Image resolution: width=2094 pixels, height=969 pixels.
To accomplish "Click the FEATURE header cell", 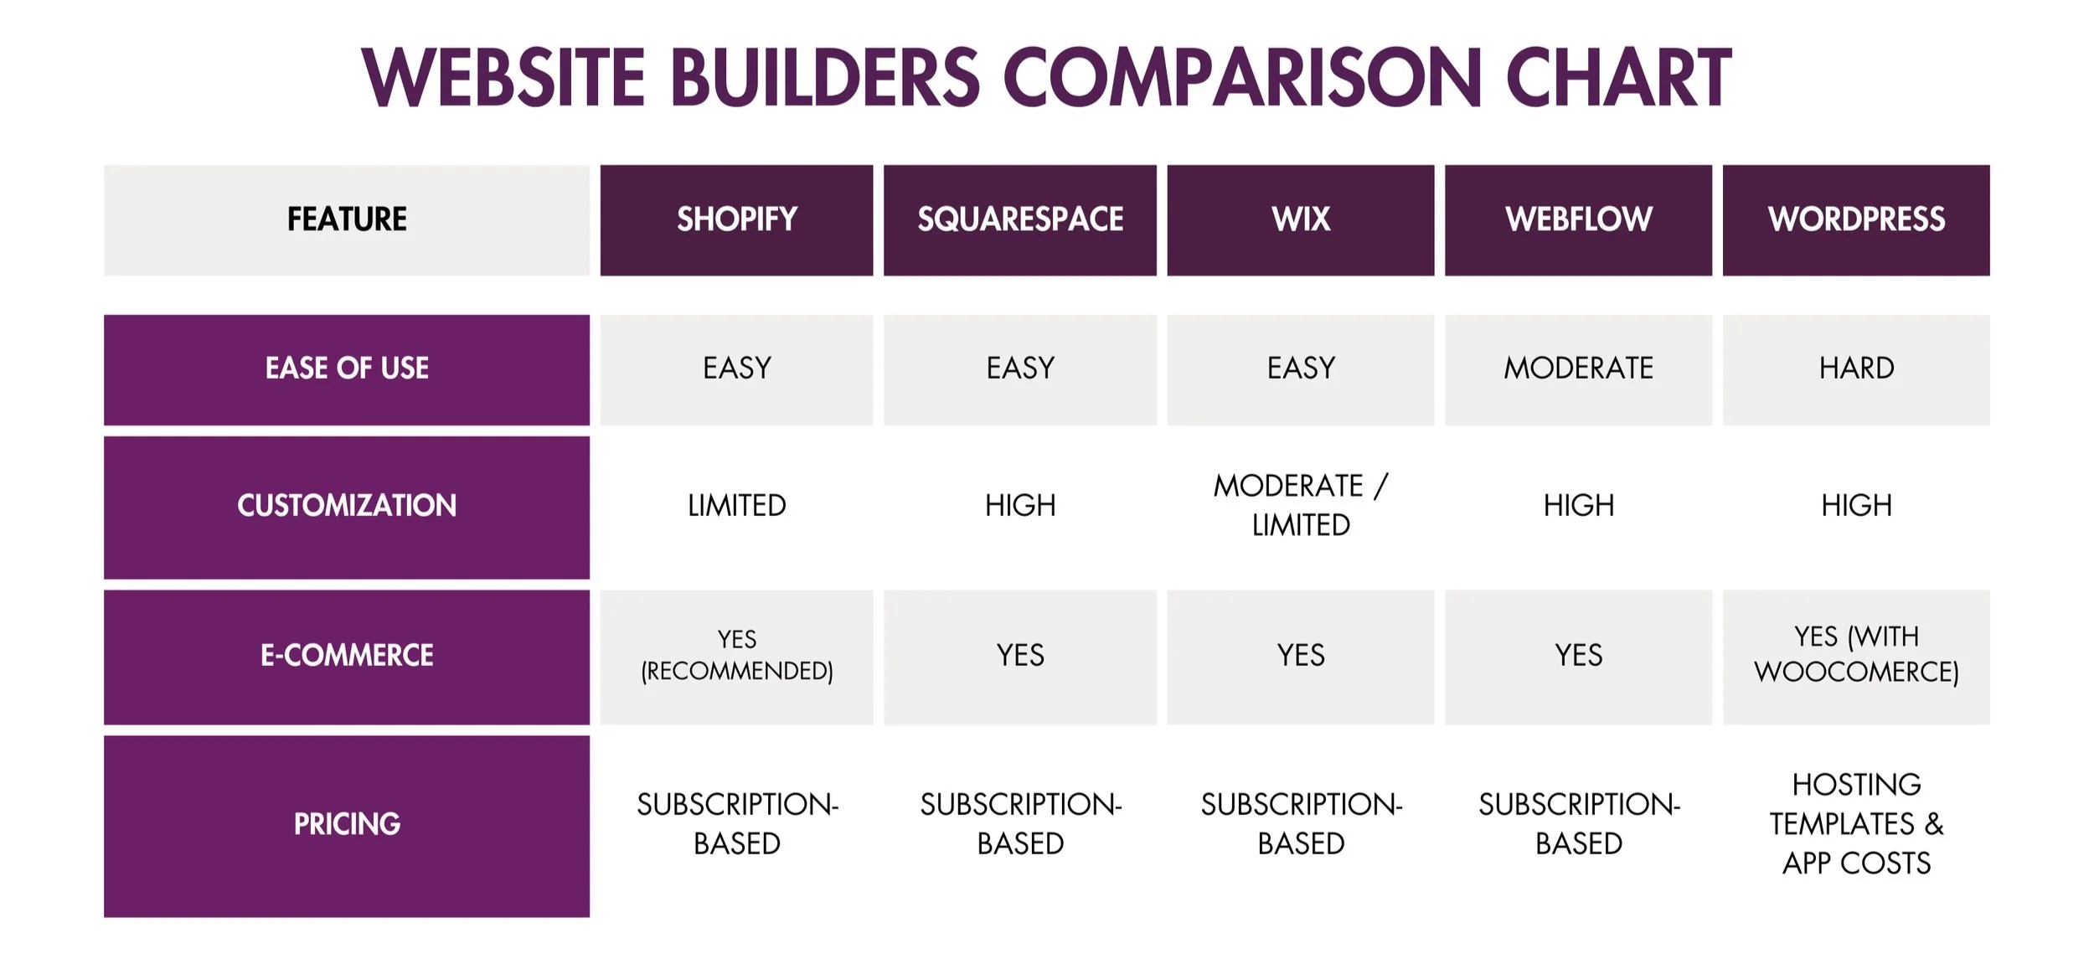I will [347, 219].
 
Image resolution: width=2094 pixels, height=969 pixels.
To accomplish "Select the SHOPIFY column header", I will [736, 219].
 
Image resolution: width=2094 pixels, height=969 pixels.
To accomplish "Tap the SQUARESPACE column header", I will [1019, 219].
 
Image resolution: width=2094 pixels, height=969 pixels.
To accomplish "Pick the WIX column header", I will [1300, 219].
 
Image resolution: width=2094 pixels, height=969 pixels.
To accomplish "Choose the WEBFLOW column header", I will [1578, 219].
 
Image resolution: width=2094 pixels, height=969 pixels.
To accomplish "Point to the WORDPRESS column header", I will [1856, 219].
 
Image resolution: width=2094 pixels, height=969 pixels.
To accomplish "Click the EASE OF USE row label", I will [347, 369].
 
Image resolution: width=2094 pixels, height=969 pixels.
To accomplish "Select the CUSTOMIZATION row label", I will [347, 506].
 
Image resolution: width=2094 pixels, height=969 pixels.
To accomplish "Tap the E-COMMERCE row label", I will [347, 656].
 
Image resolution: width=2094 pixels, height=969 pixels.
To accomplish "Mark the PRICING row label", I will [347, 824].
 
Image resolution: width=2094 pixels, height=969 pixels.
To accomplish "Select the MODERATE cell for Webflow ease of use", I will [1578, 369].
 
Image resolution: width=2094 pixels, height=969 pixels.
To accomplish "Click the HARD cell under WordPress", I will [1856, 369].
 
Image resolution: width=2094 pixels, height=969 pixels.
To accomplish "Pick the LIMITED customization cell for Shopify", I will [736, 506].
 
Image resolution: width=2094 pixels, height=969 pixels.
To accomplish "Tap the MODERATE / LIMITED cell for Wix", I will [1300, 506].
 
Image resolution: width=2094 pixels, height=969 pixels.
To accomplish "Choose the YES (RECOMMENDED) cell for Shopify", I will [736, 656].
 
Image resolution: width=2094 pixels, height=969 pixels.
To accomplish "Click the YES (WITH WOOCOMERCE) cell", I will [1856, 655].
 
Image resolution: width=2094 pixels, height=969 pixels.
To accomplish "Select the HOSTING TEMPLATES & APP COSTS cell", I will [1856, 824].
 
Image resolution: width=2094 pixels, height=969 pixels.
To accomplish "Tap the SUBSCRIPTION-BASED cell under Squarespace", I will [1019, 824].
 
